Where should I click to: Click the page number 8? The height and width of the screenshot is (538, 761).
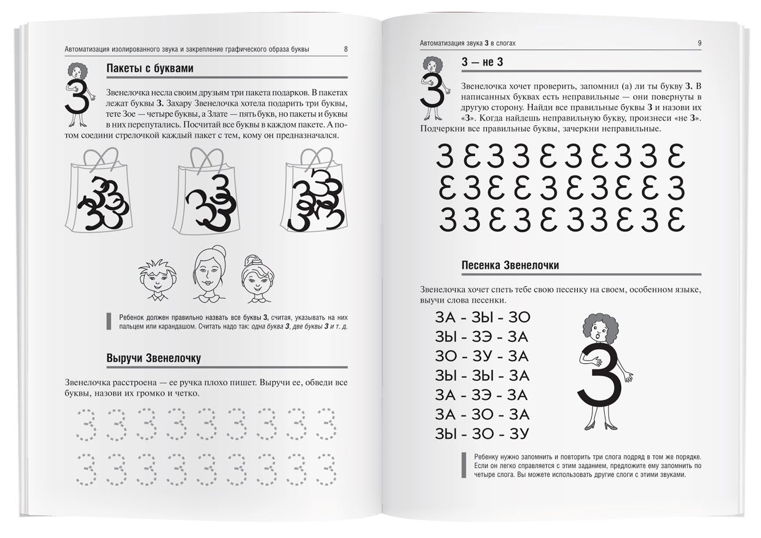(345, 49)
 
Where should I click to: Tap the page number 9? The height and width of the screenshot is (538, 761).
(699, 43)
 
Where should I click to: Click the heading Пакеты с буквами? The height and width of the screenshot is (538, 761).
(150, 68)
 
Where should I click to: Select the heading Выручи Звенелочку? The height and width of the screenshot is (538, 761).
(154, 358)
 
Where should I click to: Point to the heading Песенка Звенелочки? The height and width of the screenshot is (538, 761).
(510, 265)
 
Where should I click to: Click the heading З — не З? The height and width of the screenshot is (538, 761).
(482, 62)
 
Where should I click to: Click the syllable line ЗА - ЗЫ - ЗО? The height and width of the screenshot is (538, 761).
(482, 318)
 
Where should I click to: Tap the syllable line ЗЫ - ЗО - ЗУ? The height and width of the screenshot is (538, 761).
(482, 434)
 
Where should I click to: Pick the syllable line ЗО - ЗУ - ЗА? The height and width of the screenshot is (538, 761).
(482, 356)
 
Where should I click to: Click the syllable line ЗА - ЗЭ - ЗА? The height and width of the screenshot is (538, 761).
(482, 395)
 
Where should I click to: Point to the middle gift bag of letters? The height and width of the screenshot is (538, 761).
(208, 194)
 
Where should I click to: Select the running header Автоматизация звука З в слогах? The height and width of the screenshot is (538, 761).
(468, 43)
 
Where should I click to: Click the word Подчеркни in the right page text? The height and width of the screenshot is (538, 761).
(440, 129)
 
